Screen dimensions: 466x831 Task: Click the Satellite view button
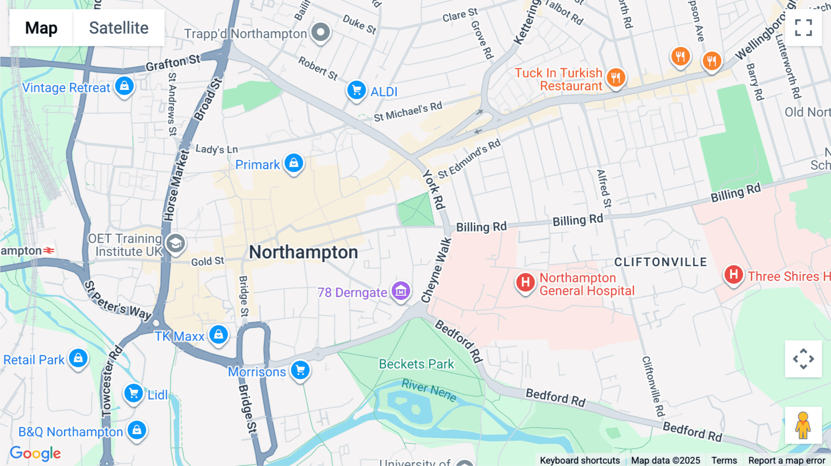119,28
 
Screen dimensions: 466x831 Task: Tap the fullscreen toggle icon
803,28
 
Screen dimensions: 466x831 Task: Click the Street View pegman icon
803,425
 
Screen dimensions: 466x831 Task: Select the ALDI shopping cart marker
356,90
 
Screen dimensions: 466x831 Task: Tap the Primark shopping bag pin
294,163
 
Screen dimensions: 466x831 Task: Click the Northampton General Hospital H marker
525,282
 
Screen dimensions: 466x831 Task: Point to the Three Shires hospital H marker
733,275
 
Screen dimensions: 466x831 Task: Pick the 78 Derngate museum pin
401,291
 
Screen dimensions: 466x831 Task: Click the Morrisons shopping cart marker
301,370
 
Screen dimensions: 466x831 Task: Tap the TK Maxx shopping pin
218,335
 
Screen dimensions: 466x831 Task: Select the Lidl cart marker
134,394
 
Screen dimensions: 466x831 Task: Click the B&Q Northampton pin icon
137,430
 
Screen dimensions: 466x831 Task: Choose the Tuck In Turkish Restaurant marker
616,78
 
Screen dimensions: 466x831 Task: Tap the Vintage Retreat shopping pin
124,86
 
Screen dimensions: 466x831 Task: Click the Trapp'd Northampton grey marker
320,32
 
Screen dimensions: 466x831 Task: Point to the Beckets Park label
416,364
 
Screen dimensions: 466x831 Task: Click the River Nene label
429,390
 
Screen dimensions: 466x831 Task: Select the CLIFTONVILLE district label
661,262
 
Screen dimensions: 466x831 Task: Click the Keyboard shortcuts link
580,460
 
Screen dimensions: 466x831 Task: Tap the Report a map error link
787,460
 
